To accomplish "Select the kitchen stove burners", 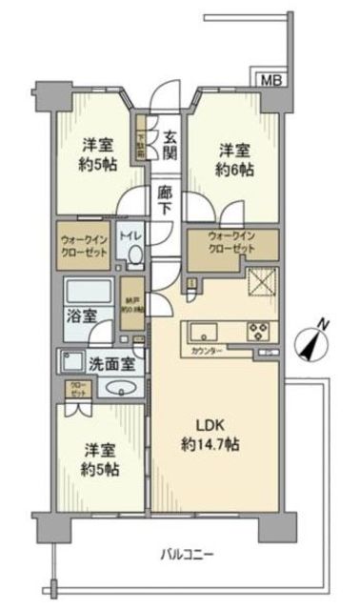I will [259, 332].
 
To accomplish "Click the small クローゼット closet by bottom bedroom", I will [75, 389].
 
